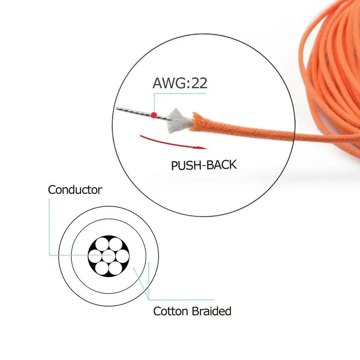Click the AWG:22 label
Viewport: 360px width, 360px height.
180,83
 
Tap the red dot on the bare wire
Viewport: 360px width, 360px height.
154,115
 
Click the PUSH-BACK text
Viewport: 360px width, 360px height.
204,165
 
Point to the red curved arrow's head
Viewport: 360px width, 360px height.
202,148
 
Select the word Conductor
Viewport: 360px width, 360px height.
75,190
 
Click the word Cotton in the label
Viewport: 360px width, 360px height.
171,311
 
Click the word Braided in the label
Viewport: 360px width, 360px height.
211,311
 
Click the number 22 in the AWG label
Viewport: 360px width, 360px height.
199,83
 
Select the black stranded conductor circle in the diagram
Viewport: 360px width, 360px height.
109,256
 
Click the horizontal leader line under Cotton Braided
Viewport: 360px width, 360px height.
181,300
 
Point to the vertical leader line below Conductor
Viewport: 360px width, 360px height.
49,227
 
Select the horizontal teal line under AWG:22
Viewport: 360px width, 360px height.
180,93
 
